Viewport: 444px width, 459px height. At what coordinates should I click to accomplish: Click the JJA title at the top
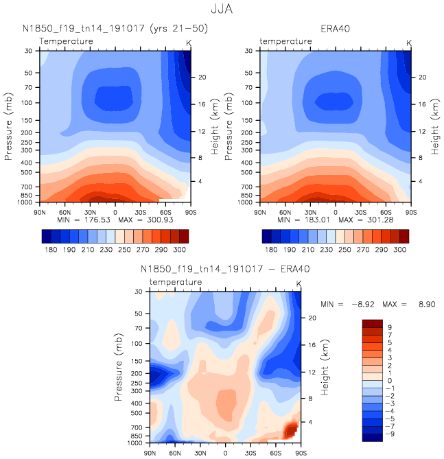222,10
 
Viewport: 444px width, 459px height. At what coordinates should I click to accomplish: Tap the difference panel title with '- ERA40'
224,270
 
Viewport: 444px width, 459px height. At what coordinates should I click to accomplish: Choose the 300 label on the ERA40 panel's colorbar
400,250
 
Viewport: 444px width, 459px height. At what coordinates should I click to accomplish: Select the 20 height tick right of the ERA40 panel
423,78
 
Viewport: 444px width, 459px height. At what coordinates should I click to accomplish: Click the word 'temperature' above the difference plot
176,282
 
